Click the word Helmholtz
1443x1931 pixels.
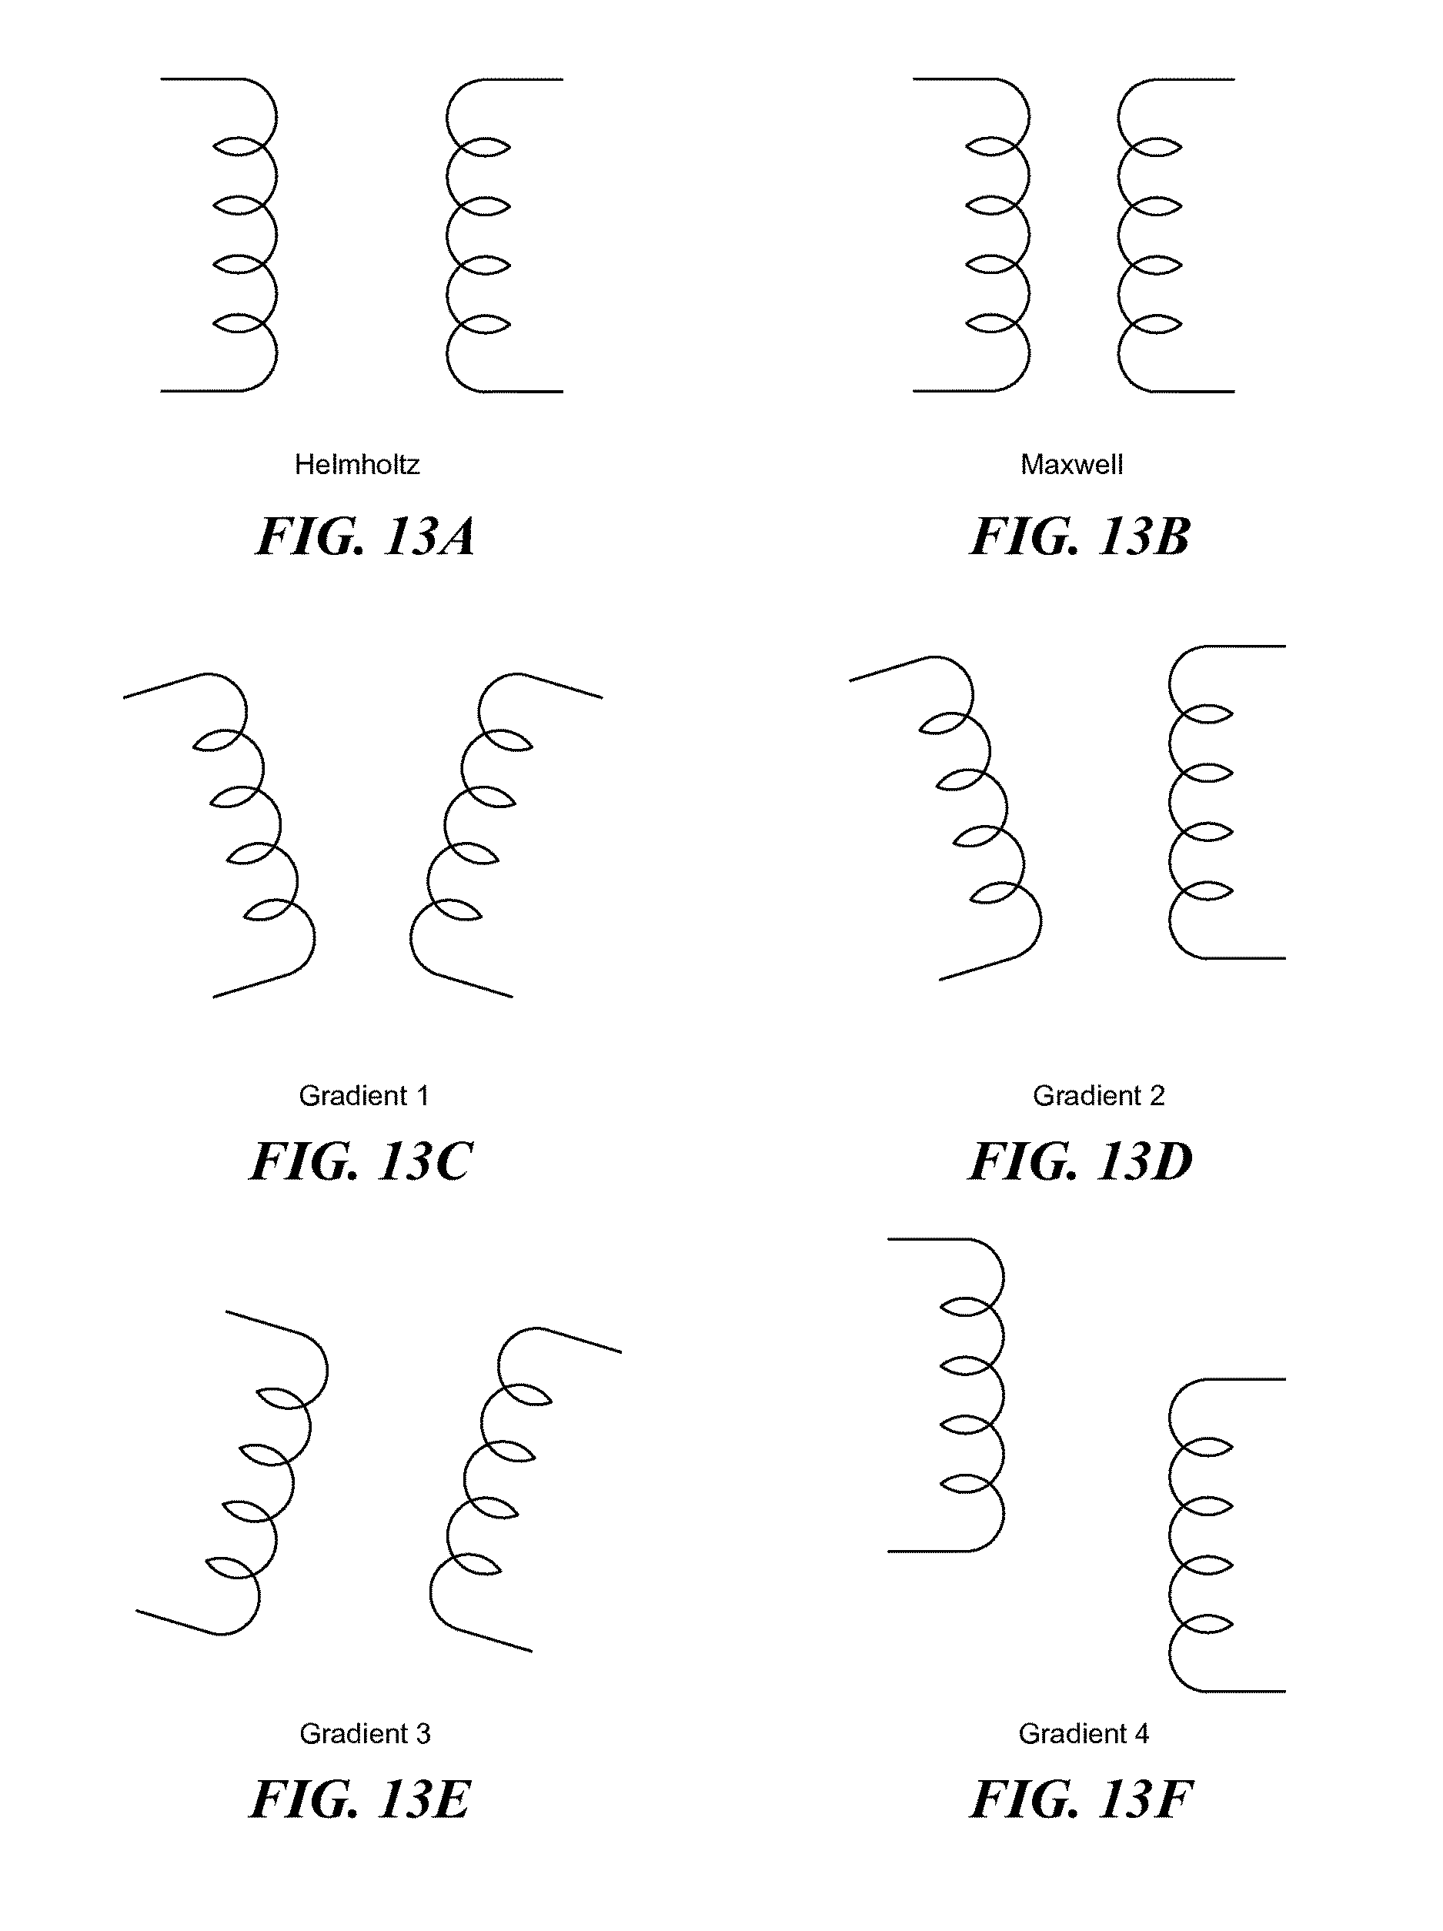pos(356,464)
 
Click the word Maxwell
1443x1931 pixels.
pos(1071,464)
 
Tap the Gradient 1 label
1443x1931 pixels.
pos(364,1096)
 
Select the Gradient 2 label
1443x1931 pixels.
pos(1098,1096)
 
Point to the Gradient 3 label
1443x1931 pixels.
pos(365,1733)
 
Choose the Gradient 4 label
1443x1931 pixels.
pos(1084,1733)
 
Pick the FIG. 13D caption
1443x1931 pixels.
pos(1081,1161)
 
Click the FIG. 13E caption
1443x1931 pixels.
pos(360,1799)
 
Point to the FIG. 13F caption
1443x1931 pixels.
pos(1081,1799)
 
